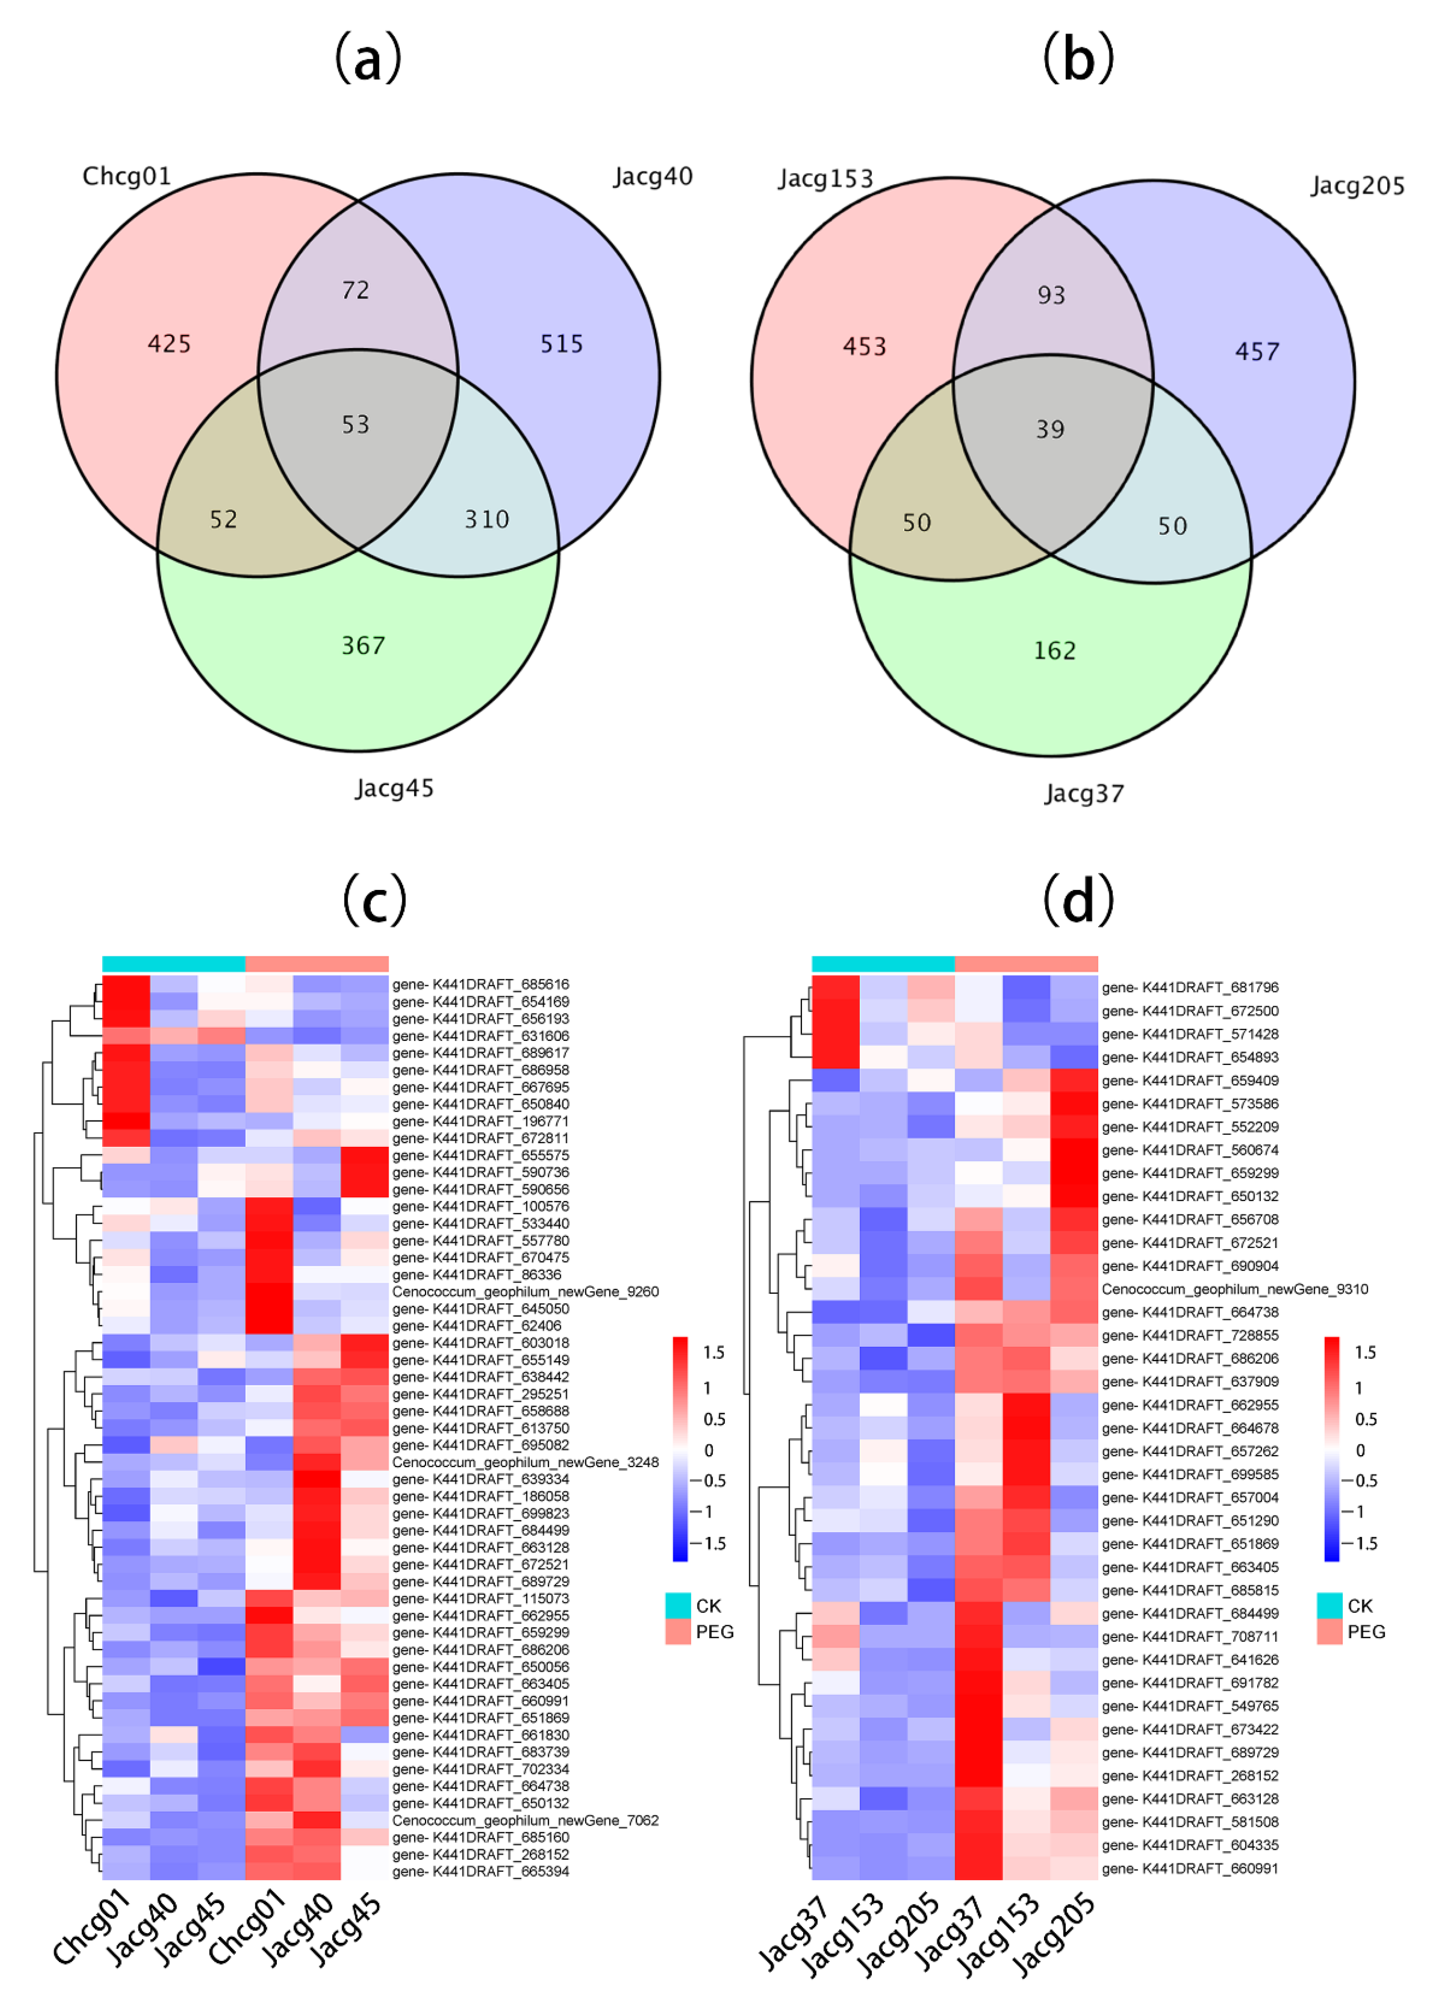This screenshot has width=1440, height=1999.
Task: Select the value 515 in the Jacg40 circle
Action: pyautogui.click(x=562, y=344)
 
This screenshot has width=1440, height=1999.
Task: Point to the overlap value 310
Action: pyautogui.click(x=487, y=519)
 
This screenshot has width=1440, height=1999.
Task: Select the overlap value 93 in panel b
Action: pyautogui.click(x=1051, y=295)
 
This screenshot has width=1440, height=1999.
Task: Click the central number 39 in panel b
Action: pyautogui.click(x=1050, y=429)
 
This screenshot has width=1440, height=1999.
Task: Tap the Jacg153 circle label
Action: pyautogui.click(x=825, y=179)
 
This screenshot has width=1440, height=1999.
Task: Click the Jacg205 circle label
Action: pyautogui.click(x=1356, y=186)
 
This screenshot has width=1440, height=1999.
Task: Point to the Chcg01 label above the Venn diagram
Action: pyautogui.click(x=126, y=176)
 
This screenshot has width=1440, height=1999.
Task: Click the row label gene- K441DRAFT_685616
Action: pyautogui.click(x=480, y=985)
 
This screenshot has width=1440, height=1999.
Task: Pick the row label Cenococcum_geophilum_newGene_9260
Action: pyautogui.click(x=525, y=1291)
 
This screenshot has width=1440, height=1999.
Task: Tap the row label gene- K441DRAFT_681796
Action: pyautogui.click(x=1190, y=987)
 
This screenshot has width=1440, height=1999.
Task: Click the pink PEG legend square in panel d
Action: pyautogui.click(x=1329, y=1631)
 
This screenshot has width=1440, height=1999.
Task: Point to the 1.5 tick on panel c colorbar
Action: pyautogui.click(x=713, y=1352)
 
